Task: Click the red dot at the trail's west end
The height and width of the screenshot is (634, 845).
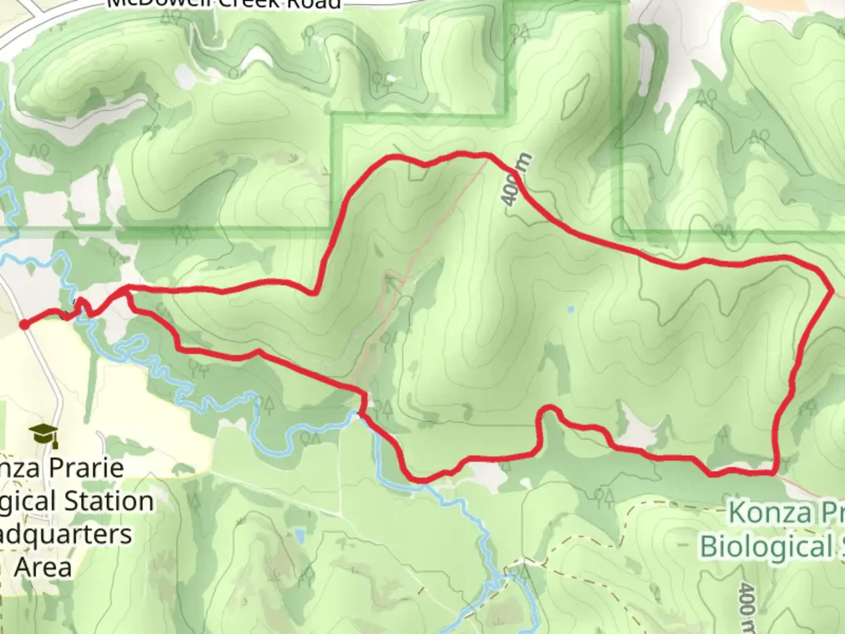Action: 24,325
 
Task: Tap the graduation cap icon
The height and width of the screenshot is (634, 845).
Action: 45,436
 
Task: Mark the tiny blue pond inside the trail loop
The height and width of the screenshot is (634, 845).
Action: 571,308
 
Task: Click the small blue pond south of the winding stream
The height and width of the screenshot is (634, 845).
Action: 301,535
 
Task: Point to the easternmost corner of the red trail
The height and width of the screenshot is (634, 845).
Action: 833,290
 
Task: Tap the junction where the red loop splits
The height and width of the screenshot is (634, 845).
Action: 126,289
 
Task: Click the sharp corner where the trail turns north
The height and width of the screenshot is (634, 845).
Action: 317,291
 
